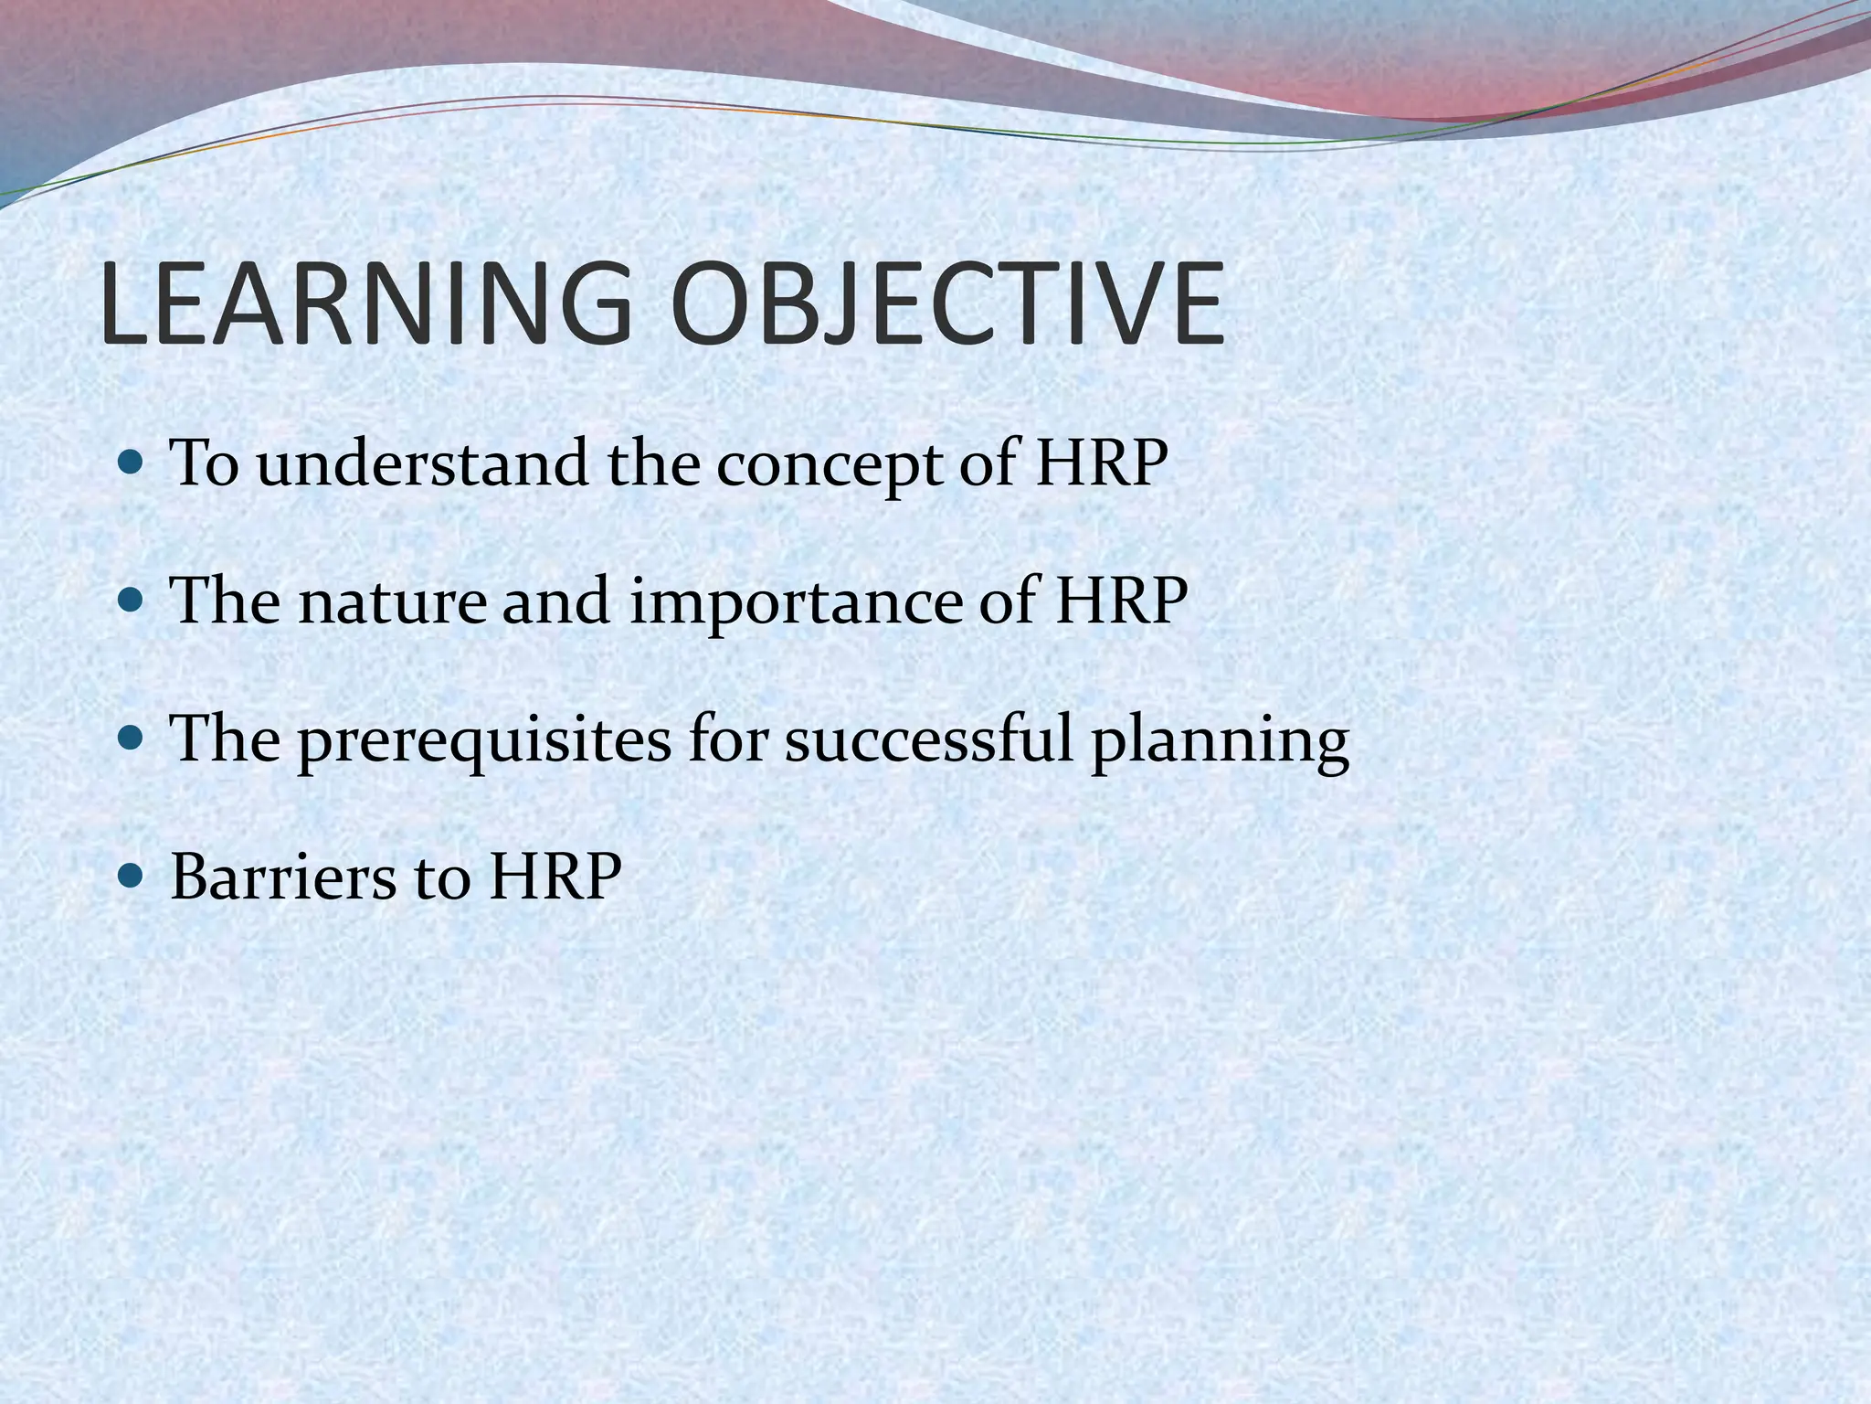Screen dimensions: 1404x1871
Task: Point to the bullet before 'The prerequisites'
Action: tap(132, 738)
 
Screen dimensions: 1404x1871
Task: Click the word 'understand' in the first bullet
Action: tap(422, 463)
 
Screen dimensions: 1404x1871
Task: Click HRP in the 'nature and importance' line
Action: tap(1121, 601)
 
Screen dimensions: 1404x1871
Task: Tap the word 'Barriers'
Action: tap(283, 876)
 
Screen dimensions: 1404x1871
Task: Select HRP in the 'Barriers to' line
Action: tap(555, 876)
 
